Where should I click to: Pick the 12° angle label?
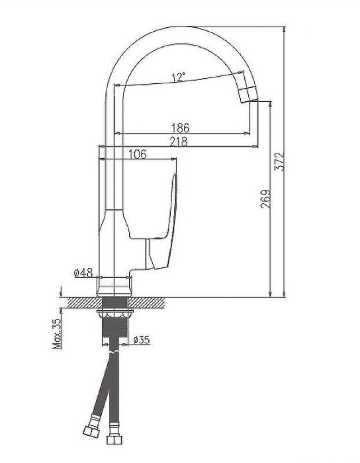coord(177,77)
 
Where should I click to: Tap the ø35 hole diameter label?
coord(142,340)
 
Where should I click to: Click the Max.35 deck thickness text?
coord(58,333)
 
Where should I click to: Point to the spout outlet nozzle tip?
coord(248,93)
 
